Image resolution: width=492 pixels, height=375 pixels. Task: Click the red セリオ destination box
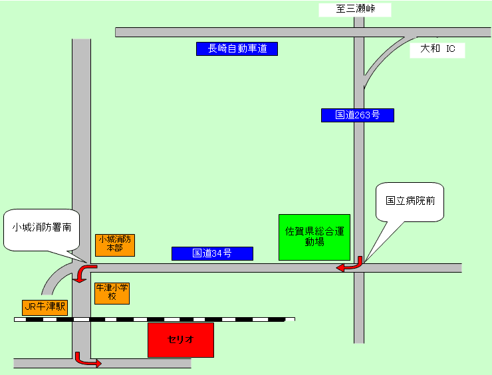pyautogui.click(x=181, y=340)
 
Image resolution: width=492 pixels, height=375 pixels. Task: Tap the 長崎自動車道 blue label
pyautogui.click(x=237, y=49)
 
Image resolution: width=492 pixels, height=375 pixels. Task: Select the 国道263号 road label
pyautogui.click(x=357, y=115)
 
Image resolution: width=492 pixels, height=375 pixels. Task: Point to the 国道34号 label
pyautogui.click(x=212, y=253)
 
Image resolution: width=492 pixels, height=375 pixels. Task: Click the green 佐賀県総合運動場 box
pyautogui.click(x=314, y=237)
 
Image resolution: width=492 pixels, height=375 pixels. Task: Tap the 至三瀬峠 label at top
pyautogui.click(x=354, y=10)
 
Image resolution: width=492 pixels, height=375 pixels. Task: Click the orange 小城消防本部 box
pyautogui.click(x=115, y=244)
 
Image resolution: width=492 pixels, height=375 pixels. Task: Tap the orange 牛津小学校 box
pyautogui.click(x=112, y=293)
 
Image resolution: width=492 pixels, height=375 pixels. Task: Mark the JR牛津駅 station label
pyautogui.click(x=45, y=307)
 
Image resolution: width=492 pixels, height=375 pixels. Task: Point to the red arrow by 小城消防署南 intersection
pyautogui.click(x=82, y=272)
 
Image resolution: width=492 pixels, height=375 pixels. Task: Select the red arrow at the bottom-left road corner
pyautogui.click(x=87, y=360)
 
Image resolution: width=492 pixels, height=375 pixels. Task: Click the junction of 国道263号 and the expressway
pyautogui.click(x=359, y=32)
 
